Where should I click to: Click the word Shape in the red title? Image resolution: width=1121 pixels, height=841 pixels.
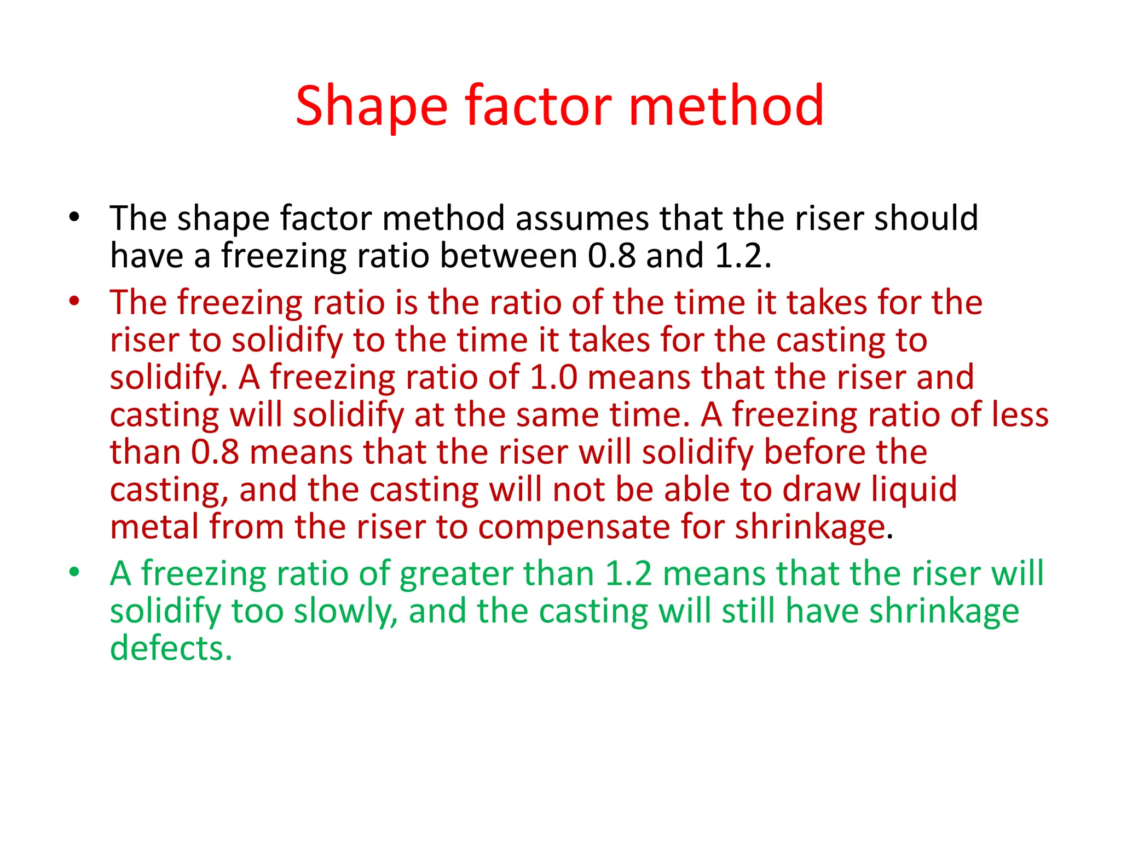[372, 107]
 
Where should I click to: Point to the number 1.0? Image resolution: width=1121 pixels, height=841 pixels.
[553, 377]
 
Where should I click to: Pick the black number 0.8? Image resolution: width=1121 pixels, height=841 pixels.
[611, 256]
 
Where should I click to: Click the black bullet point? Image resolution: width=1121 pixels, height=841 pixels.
[74, 217]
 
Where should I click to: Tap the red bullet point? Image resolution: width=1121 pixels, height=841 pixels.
[74, 301]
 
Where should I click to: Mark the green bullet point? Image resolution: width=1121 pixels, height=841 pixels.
[74, 573]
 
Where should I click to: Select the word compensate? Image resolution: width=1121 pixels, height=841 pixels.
[574, 527]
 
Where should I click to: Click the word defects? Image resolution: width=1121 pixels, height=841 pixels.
[171, 649]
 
